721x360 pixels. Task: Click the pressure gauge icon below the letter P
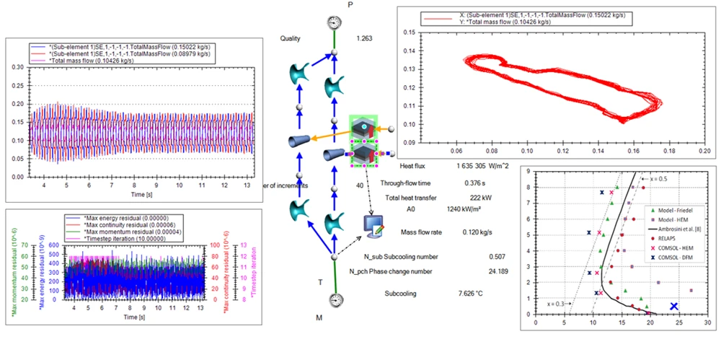[x=333, y=22]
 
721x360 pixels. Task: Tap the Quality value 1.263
[x=364, y=39]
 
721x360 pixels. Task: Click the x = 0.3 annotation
[x=557, y=302]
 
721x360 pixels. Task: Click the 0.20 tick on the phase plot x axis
[x=704, y=152]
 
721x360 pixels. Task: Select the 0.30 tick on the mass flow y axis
[x=16, y=66]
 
